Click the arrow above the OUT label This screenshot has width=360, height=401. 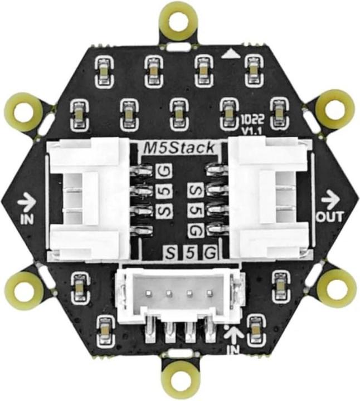point(330,197)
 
